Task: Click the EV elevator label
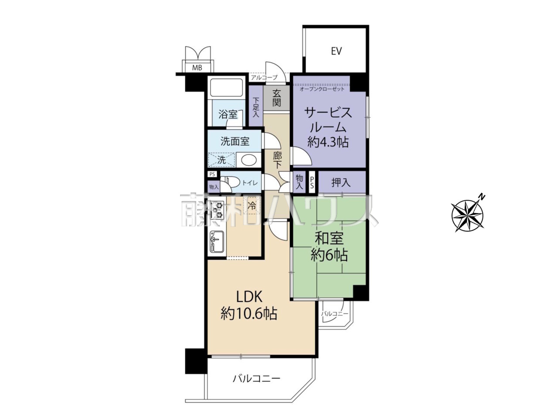(336, 51)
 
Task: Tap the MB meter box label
(197, 68)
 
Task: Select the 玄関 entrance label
(276, 98)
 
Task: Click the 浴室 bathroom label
(228, 114)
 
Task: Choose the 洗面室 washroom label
(235, 141)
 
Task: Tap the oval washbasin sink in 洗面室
(249, 160)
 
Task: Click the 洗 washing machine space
(222, 160)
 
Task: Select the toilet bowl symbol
(229, 182)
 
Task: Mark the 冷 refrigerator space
(252, 206)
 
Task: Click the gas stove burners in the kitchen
(218, 209)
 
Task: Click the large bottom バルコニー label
(256, 386)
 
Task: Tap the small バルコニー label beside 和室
(334, 314)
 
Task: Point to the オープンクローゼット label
(322, 89)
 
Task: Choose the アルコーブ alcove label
(264, 78)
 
